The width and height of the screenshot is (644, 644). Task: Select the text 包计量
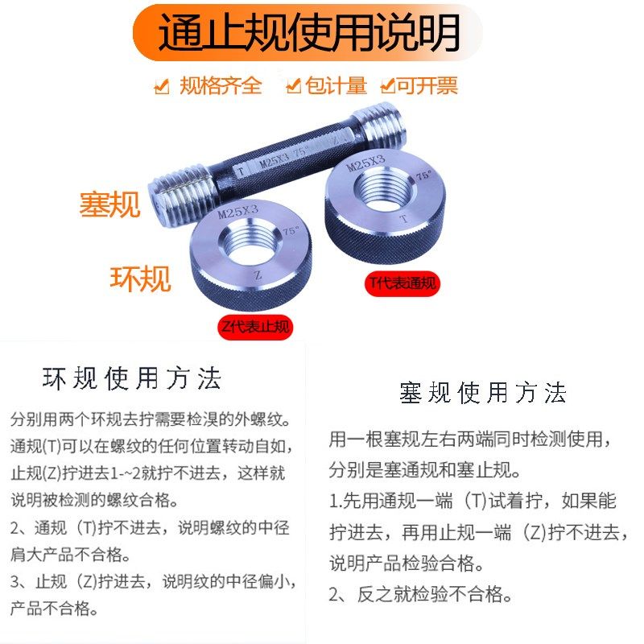(336, 85)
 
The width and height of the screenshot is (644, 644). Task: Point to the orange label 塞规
(109, 204)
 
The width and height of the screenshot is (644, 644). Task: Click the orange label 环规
(140, 279)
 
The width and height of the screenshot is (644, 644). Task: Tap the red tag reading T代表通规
(403, 283)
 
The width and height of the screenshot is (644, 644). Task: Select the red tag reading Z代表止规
(254, 327)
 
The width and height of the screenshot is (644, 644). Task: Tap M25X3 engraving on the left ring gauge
(239, 213)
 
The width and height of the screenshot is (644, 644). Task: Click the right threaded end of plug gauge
(391, 126)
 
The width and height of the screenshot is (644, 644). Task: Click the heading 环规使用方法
(131, 378)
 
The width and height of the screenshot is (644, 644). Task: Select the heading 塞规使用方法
(483, 394)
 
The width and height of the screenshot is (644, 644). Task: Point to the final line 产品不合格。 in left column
(55, 609)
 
